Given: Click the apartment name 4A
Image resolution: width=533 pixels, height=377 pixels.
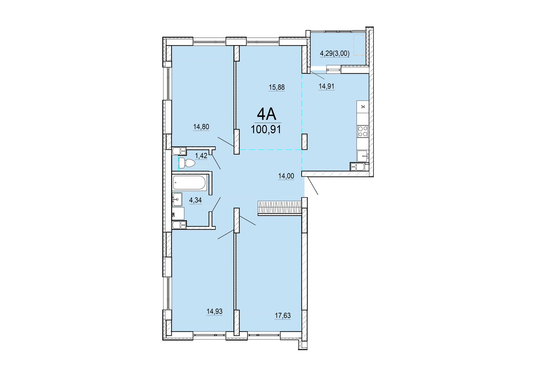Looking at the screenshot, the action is point(267,115).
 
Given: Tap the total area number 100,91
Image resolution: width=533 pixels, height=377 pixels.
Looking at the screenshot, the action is point(266,130).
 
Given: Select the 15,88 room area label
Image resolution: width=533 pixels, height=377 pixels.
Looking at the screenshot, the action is point(277,87).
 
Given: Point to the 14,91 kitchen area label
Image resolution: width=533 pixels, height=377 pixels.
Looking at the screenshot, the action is point(326,86).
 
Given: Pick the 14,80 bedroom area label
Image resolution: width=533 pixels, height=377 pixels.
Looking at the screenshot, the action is point(201,127).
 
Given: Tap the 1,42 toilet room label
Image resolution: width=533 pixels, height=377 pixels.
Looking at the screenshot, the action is point(201,156).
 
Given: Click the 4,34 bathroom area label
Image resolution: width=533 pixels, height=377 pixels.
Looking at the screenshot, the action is point(195,200).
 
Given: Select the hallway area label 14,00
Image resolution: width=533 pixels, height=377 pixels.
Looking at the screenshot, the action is point(286,176).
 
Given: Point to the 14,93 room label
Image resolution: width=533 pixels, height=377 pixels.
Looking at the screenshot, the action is point(214,311).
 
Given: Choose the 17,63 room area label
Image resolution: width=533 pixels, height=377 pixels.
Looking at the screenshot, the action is point(283,316).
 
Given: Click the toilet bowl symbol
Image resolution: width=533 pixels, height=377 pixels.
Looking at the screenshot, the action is point(187,163).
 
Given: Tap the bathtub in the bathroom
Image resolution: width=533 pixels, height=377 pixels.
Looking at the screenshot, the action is point(190,183).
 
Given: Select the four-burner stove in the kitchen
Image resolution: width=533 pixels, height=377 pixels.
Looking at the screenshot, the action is point(363,131).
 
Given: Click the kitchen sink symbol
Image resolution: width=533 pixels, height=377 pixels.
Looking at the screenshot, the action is point(362,156).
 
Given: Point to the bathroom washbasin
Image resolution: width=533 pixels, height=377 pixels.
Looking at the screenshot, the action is point(177,199).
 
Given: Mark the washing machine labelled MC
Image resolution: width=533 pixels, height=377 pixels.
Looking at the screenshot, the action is point(178,214).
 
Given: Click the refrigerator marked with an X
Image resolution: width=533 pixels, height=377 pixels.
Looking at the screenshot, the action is point(363,106).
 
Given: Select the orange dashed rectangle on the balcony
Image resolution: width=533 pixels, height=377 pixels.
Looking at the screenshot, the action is point(359,45).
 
